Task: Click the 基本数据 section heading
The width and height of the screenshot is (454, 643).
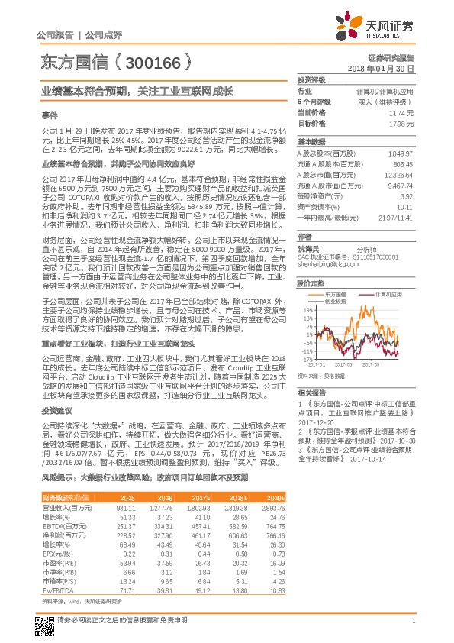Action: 311,142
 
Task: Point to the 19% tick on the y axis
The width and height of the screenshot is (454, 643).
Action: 307,311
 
